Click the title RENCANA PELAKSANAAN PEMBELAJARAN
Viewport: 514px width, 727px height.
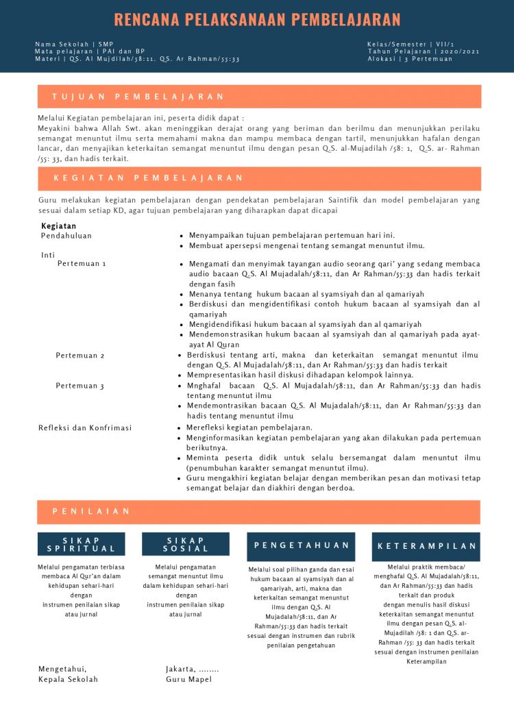pos(257,19)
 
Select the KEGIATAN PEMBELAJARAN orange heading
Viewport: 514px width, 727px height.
pos(148,178)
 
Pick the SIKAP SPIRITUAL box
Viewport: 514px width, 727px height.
pos(82,544)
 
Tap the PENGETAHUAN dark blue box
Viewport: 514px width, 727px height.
pos(302,545)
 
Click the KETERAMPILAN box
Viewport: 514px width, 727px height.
pos(427,546)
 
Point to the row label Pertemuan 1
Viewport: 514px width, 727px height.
pos(82,264)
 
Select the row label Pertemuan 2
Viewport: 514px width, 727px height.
pos(80,356)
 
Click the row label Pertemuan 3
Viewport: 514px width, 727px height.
pos(80,386)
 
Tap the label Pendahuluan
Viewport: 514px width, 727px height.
pos(66,236)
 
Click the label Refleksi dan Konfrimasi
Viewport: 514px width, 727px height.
pos(85,428)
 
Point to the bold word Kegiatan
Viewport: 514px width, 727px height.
pos(58,226)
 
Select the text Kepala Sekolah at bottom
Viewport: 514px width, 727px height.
pos(68,679)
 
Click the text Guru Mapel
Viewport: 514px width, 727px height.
pos(188,679)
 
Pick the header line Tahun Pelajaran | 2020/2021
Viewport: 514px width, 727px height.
pos(424,51)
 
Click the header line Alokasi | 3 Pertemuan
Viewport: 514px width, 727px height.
pos(410,59)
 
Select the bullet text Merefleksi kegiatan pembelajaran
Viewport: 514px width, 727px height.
pos(249,428)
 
